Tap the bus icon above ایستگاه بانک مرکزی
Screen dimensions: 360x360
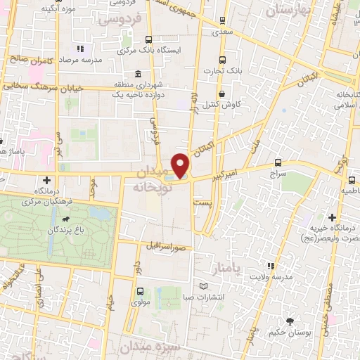click(x=148, y=40)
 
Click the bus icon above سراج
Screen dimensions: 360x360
click(x=279, y=162)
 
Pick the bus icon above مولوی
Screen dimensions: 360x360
click(x=139, y=291)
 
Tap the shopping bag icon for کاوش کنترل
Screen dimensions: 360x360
click(x=222, y=94)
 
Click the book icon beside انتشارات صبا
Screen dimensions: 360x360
click(x=203, y=286)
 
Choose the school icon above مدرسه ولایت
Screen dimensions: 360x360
click(x=271, y=266)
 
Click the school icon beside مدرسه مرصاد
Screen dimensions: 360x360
click(x=80, y=49)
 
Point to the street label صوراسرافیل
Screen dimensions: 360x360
click(x=165, y=247)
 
